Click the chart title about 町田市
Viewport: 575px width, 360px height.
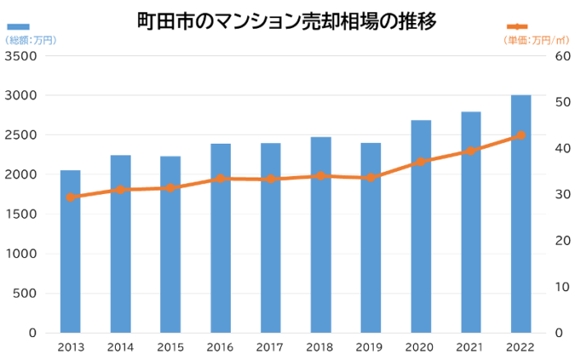[x=287, y=21]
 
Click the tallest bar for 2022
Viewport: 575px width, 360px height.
[x=521, y=214]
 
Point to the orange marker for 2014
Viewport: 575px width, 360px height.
[x=121, y=190]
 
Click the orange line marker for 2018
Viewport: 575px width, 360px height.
[x=320, y=176]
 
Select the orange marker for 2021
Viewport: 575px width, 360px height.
[x=471, y=151]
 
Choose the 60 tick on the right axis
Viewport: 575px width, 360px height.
[x=563, y=56]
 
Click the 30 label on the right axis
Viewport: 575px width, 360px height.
[x=563, y=195]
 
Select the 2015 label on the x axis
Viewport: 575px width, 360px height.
[x=170, y=347]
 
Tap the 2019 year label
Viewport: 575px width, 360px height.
[x=370, y=347]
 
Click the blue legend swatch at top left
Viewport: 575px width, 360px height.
[x=18, y=27]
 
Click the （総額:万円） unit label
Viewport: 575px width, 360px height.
[x=30, y=39]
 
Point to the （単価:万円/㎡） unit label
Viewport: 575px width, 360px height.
[x=536, y=39]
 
